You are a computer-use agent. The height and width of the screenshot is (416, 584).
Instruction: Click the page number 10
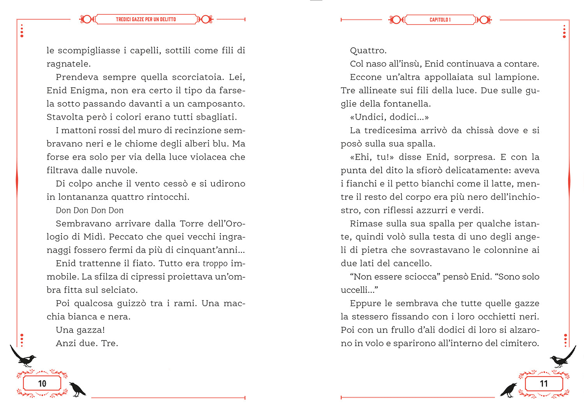[x=42, y=384]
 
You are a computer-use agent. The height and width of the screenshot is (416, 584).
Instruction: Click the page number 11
[x=544, y=384]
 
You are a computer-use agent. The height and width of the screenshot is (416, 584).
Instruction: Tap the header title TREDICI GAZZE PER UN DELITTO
[x=146, y=19]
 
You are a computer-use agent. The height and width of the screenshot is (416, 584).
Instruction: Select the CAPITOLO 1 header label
[x=440, y=20]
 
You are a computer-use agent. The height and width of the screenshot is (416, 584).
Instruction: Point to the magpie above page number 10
[x=23, y=356]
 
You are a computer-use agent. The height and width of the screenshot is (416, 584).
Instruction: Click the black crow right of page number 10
[x=77, y=389]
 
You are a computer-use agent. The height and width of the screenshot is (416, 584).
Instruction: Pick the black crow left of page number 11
[x=508, y=390]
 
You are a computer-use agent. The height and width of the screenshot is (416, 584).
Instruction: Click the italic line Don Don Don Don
[x=90, y=210]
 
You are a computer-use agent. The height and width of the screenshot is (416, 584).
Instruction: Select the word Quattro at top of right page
[x=368, y=51]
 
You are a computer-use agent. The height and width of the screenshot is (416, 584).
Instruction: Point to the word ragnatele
[x=69, y=64]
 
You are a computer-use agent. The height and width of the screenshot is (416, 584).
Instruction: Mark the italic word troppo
[x=215, y=264]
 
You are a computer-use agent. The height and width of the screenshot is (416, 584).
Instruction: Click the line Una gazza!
[x=80, y=330]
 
